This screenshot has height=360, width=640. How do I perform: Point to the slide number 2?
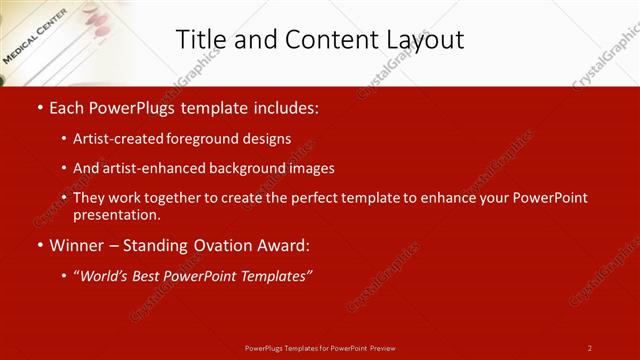click(590, 348)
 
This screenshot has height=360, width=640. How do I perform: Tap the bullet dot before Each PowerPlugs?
click(38, 107)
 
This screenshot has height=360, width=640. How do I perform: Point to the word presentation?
click(115, 215)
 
